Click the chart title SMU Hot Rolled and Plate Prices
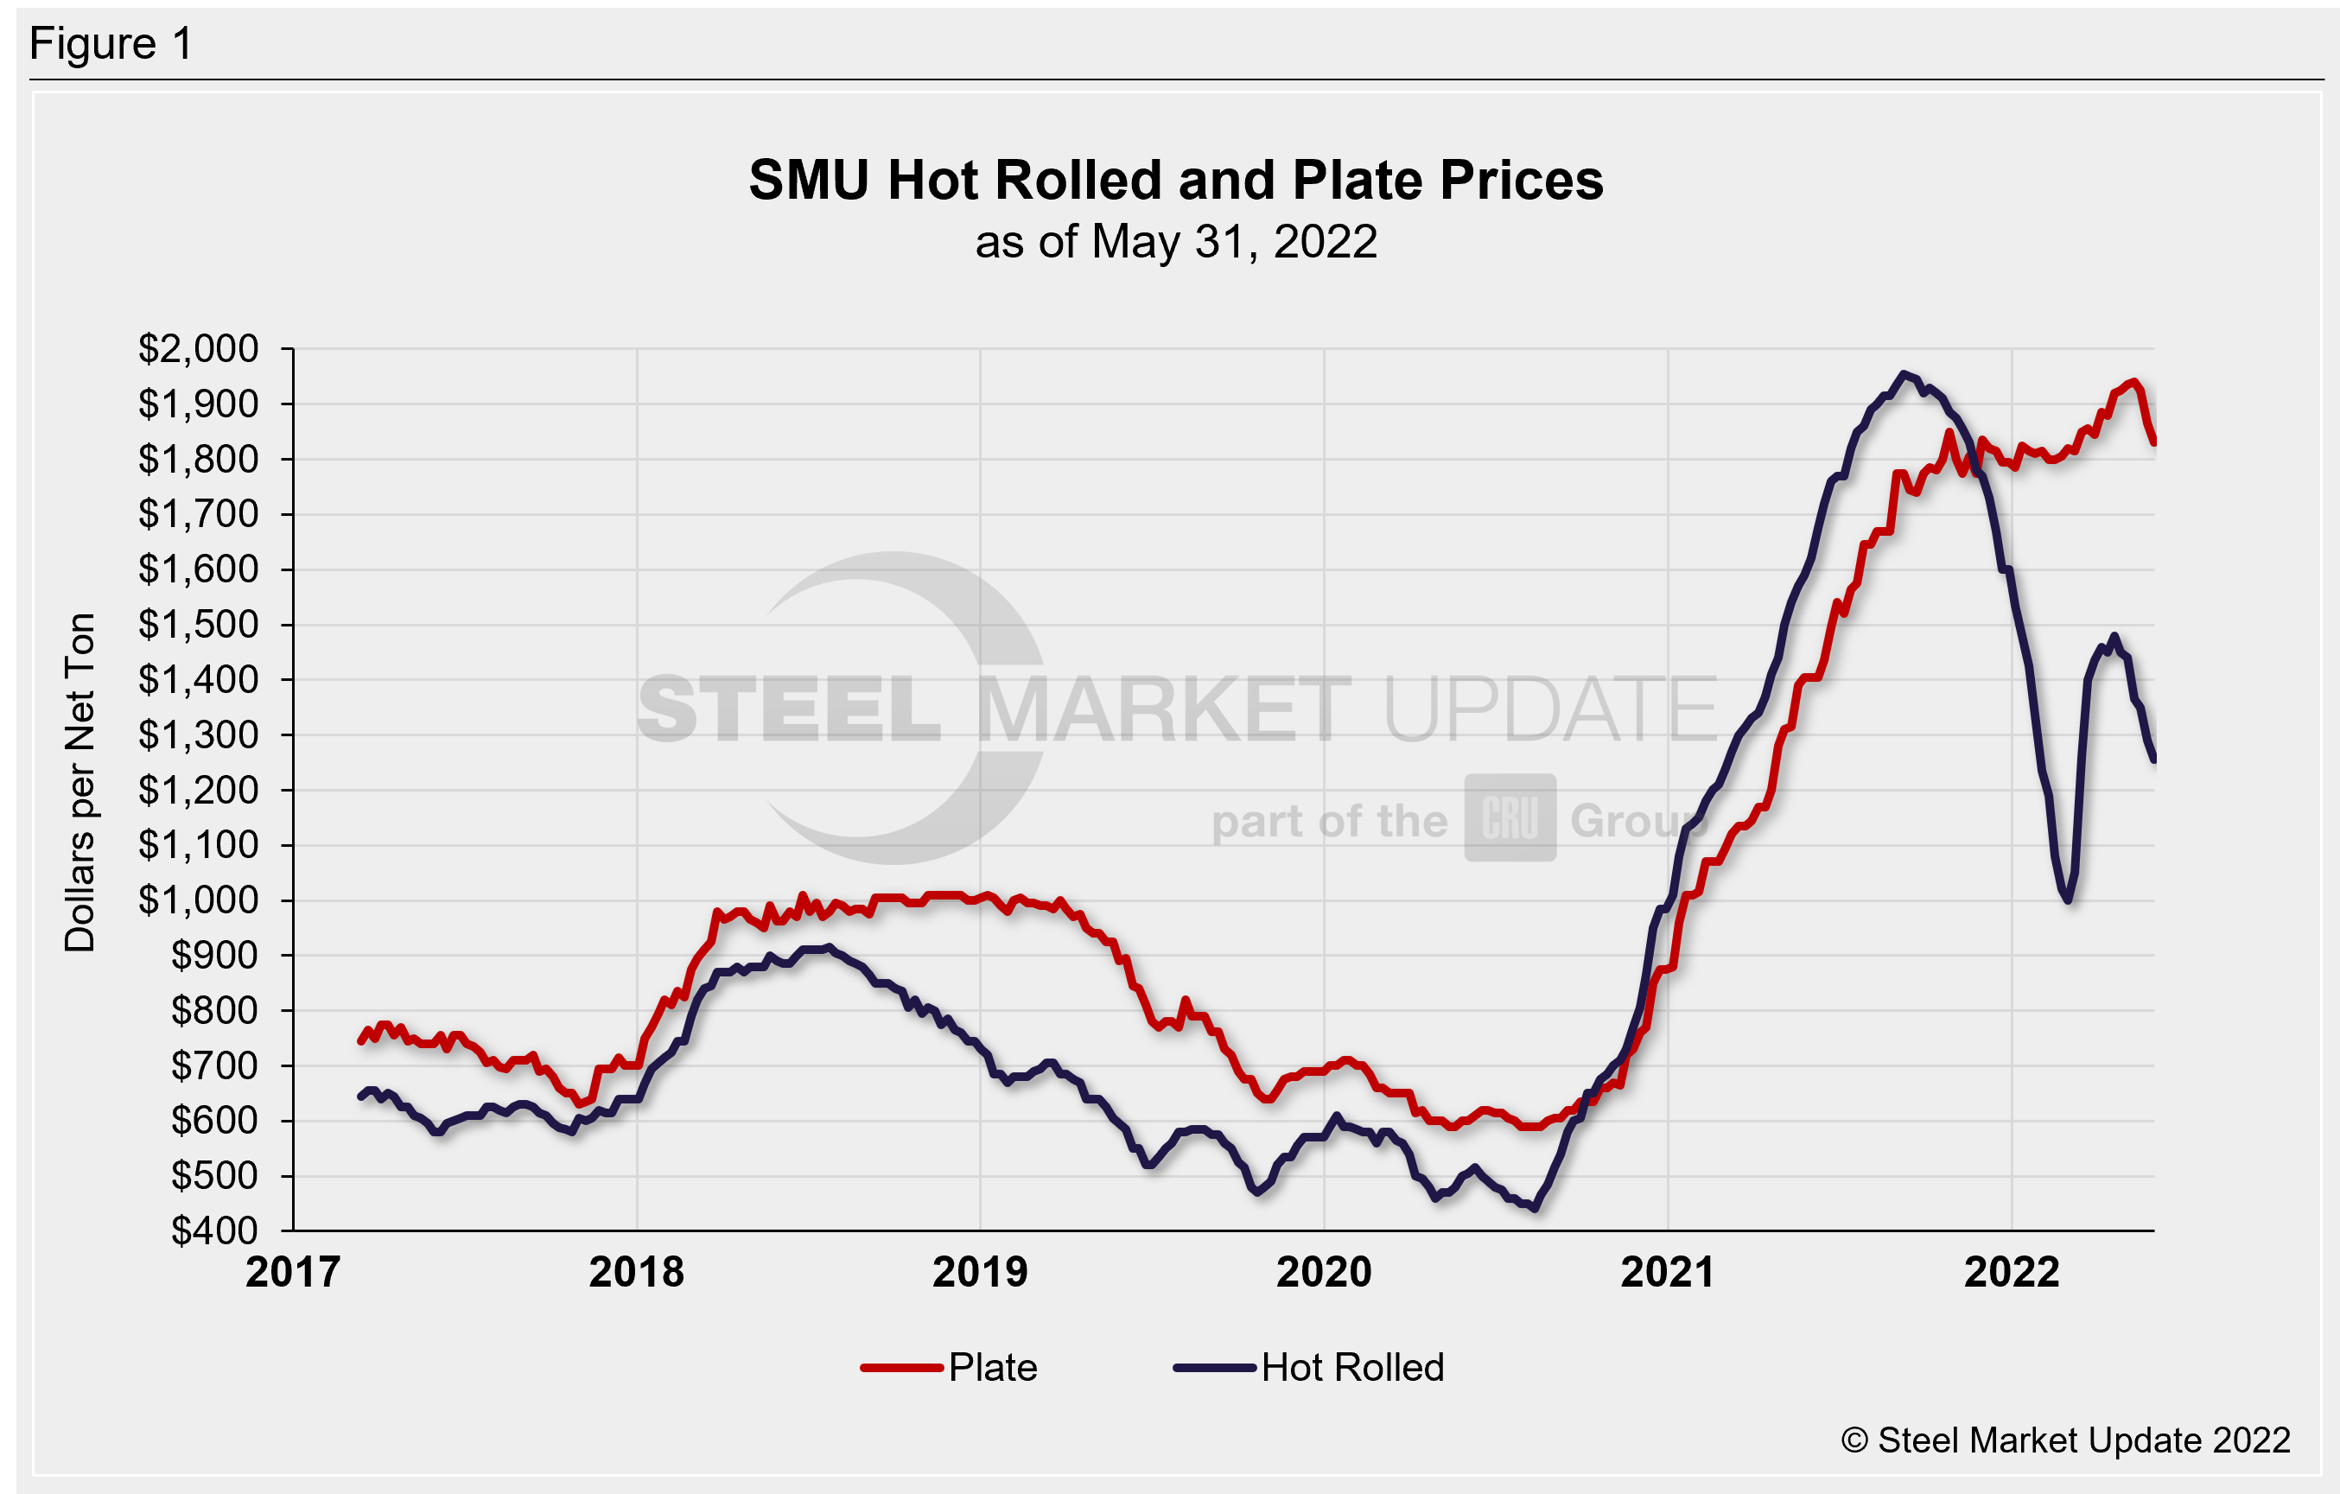point(1175,181)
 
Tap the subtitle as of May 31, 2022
point(1176,242)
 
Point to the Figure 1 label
point(111,44)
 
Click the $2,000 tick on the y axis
point(198,349)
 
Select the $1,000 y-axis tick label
point(198,900)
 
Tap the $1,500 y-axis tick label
point(198,624)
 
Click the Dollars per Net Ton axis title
point(79,783)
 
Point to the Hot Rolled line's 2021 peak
point(1903,374)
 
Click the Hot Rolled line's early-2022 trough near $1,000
point(2068,900)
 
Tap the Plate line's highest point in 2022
point(2133,382)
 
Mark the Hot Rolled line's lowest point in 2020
point(1535,1208)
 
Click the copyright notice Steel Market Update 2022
point(2066,1440)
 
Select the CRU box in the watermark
point(1510,817)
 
